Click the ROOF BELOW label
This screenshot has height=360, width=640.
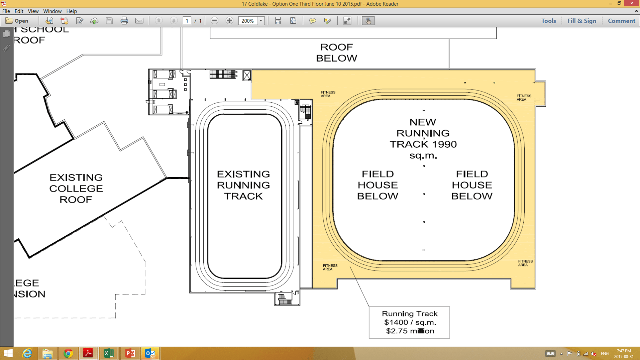tap(336, 52)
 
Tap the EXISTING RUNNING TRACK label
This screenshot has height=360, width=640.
tap(243, 185)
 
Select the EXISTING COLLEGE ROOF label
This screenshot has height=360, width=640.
tap(76, 188)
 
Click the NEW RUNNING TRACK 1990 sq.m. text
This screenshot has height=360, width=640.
tap(423, 138)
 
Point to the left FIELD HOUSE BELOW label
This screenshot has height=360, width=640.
tap(378, 185)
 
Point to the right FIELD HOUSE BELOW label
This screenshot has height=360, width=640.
tap(472, 185)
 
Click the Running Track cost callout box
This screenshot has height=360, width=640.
tap(409, 322)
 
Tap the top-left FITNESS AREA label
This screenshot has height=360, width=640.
tap(328, 94)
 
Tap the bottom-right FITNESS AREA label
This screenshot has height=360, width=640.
tap(525, 263)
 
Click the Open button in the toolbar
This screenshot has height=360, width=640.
tap(17, 21)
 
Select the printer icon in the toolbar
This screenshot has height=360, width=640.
tap(124, 21)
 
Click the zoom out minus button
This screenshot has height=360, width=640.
tap(214, 21)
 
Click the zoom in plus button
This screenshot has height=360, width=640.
tap(229, 21)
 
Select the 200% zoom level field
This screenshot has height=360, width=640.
tap(248, 21)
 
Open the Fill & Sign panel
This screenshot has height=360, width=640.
tap(582, 21)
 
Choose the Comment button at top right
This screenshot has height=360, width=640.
tap(621, 21)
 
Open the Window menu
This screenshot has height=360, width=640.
tap(52, 11)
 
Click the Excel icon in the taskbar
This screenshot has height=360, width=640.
tap(109, 353)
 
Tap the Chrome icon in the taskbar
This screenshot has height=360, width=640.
tap(68, 353)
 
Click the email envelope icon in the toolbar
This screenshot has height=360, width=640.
tap(139, 21)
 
